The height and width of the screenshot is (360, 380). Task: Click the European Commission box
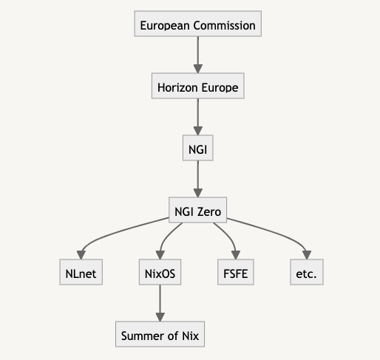pos(197,24)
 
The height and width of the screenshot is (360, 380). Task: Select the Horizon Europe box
pos(198,86)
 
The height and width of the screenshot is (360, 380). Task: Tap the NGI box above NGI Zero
pos(198,148)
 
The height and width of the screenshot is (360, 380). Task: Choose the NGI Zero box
pos(197,210)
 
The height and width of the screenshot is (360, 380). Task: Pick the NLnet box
pos(81,272)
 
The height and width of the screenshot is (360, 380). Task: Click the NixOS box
pos(160,272)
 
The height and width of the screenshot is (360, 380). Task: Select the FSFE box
pos(236,272)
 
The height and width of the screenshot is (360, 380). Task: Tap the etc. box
pos(307,272)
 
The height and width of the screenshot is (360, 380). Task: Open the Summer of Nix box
pos(160,334)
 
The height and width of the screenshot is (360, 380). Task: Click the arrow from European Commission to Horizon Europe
pos(198,55)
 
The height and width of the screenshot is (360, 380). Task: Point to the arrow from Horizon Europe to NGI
pos(198,117)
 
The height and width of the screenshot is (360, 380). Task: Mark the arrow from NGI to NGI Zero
pos(198,179)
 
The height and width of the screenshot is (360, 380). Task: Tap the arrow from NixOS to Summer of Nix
pos(160,303)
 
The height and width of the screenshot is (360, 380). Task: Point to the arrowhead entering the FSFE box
pos(236,255)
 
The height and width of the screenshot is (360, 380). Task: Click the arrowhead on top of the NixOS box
pos(160,255)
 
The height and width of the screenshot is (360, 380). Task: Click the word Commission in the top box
pos(224,25)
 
